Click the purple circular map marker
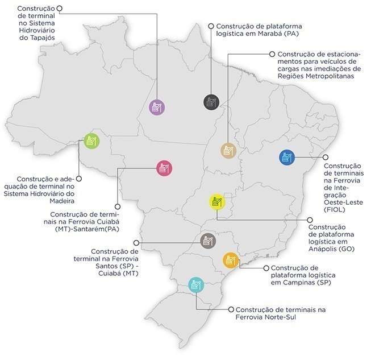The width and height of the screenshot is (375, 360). point(157,107)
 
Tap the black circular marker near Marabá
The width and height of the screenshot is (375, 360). point(211,102)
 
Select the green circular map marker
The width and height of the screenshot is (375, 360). point(91,140)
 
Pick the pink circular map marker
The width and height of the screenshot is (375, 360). point(165,168)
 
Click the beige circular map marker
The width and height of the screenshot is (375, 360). point(228,151)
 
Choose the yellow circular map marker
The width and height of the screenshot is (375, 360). point(217,202)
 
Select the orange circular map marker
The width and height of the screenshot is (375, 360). point(231,260)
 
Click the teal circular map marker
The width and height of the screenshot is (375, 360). point(196,285)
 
